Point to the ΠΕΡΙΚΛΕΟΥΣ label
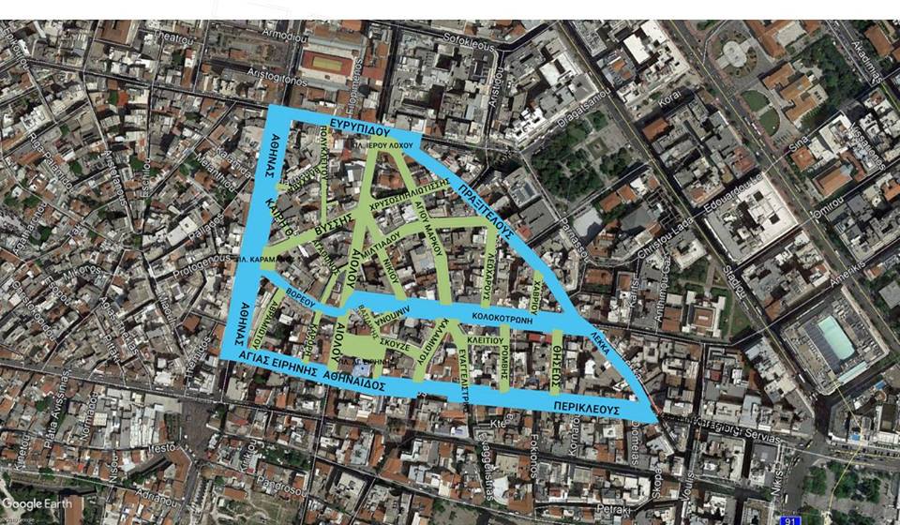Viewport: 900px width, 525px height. point(587,409)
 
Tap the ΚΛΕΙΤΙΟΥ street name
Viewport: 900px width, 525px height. point(484,340)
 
